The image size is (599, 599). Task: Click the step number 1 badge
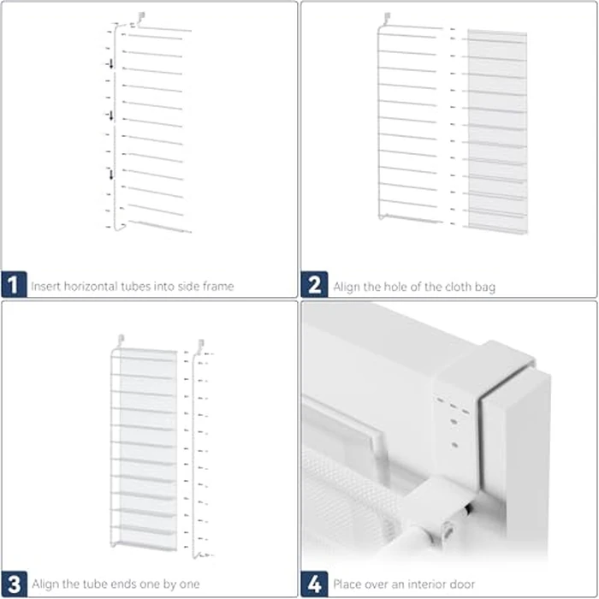pos(14,285)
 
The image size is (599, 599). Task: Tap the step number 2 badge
pos(314,285)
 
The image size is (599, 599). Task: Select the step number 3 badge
pos(14,584)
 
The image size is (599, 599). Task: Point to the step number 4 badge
pos(314,584)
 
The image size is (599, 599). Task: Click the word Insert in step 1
pos(44,286)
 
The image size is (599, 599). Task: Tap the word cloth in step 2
pos(448,286)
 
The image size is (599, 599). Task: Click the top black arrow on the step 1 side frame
pos(110,65)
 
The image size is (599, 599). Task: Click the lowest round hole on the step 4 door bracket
pos(454,445)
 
